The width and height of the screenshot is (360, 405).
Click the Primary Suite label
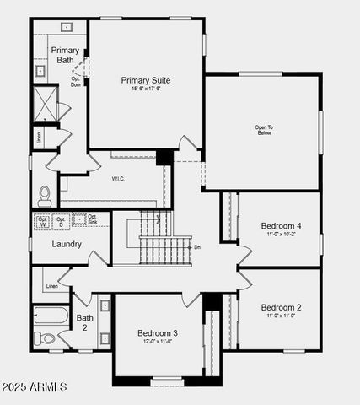click(x=146, y=80)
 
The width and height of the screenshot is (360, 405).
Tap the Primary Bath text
click(x=65, y=55)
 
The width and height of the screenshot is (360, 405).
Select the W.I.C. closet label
click(x=118, y=178)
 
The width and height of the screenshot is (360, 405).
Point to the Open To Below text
click(x=264, y=130)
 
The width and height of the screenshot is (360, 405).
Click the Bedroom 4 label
click(x=281, y=226)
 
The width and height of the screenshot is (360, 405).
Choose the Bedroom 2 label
click(x=281, y=306)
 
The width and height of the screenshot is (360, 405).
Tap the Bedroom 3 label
click(x=158, y=333)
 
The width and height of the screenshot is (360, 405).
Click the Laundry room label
click(x=67, y=245)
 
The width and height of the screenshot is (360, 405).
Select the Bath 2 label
click(x=85, y=323)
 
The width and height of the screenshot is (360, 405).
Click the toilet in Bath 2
click(x=46, y=339)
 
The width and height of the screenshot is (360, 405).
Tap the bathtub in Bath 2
click(x=51, y=317)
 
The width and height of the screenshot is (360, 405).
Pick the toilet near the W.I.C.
click(x=46, y=196)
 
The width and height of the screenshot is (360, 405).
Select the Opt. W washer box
click(x=43, y=222)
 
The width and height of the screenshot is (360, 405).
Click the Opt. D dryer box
click(x=61, y=222)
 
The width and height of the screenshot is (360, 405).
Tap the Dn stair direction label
click(x=197, y=247)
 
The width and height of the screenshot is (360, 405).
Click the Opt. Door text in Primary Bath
click(x=76, y=82)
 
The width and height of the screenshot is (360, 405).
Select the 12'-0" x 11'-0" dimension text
click(x=158, y=343)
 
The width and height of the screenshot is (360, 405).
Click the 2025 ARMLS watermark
click(x=35, y=386)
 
